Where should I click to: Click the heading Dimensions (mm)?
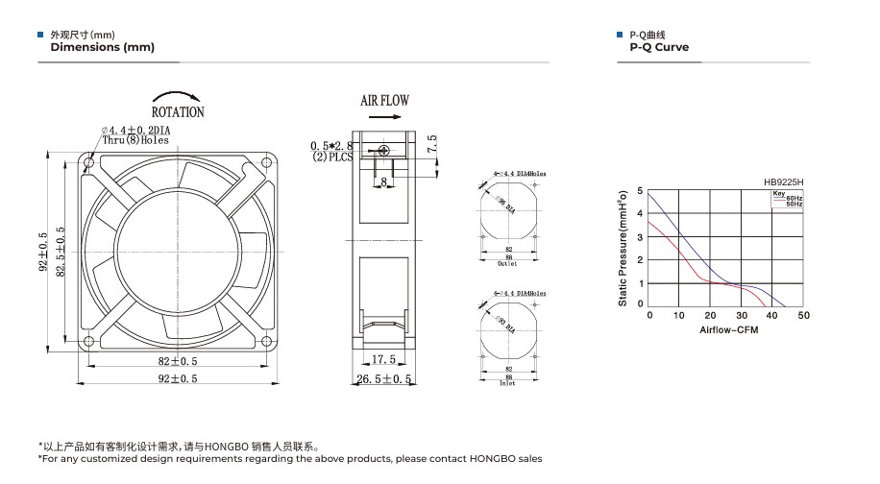pyautogui.click(x=102, y=47)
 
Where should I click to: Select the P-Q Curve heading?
pyautogui.click(x=659, y=47)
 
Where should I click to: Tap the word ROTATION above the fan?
pyautogui.click(x=178, y=111)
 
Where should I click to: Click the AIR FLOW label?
pyautogui.click(x=384, y=100)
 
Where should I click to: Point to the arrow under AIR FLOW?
pyautogui.click(x=384, y=116)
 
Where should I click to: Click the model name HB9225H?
pyautogui.click(x=783, y=181)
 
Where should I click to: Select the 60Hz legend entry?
pyautogui.click(x=794, y=198)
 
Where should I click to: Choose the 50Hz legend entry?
pyautogui.click(x=794, y=205)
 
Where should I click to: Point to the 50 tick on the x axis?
pyautogui.click(x=804, y=315)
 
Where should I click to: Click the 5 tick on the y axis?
pyautogui.click(x=641, y=191)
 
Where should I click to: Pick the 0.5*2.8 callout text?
pyautogui.click(x=332, y=146)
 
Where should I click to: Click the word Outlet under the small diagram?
pyautogui.click(x=507, y=264)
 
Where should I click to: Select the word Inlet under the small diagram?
pyautogui.click(x=507, y=383)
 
